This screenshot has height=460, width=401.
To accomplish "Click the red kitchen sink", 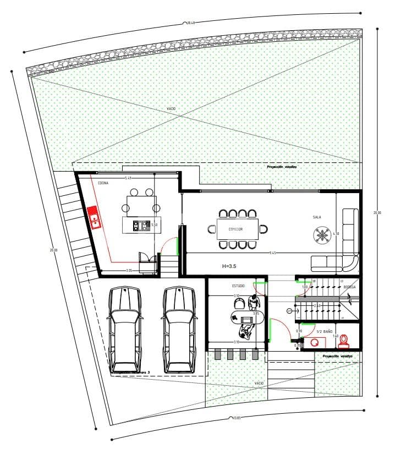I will click(94, 217).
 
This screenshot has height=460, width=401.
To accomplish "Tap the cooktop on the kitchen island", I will click(141, 224).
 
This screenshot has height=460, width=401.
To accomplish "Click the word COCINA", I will click(103, 183).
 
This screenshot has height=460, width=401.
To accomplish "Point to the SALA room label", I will click(317, 217).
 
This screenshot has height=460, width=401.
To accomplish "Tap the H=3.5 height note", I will click(230, 266).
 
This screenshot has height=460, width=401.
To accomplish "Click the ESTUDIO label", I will click(238, 287).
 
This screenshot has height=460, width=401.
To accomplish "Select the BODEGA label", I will click(350, 287).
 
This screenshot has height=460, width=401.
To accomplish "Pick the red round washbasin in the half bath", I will click(315, 342).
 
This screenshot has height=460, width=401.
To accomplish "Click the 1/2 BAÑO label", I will click(325, 332).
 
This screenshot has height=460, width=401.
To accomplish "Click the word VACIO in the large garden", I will click(171, 109).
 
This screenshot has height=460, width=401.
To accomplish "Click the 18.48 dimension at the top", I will click(191, 23).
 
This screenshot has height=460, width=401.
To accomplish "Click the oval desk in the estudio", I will click(248, 319).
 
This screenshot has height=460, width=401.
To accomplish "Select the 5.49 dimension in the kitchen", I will click(128, 178).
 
